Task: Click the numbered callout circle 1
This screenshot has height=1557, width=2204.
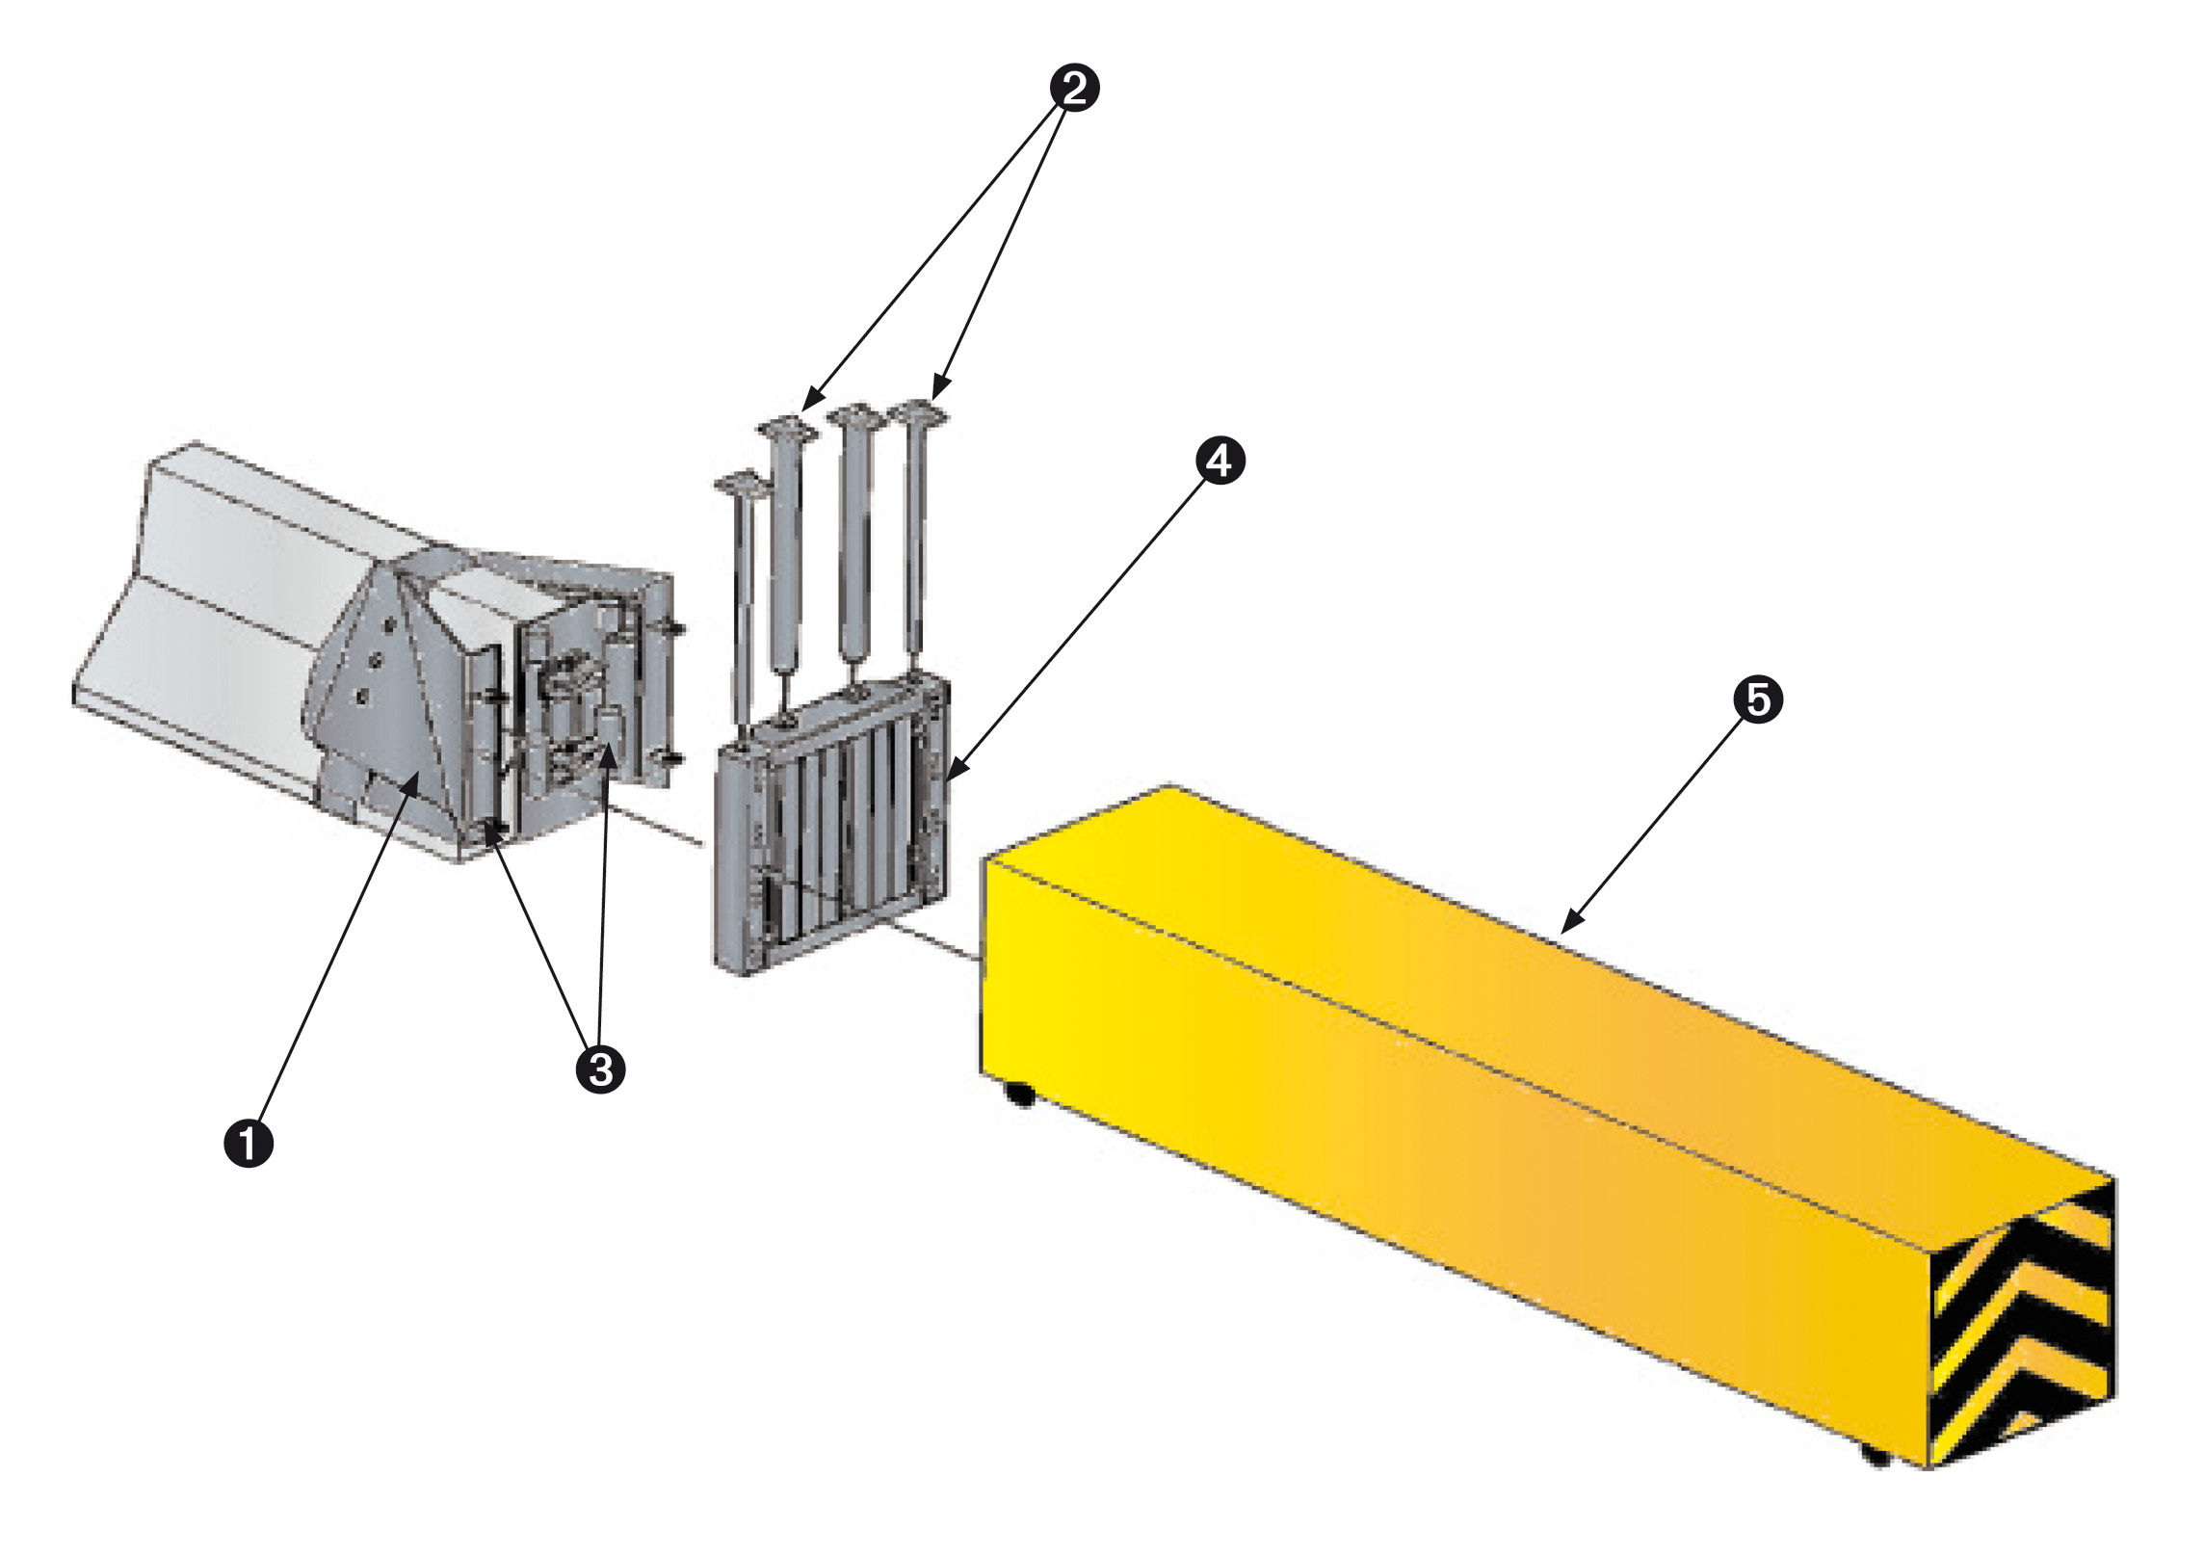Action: tap(249, 1144)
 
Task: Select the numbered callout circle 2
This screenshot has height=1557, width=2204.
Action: tap(1074, 89)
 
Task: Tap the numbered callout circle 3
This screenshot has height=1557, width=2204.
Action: tap(600, 1069)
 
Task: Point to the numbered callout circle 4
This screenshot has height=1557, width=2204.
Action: tap(1220, 462)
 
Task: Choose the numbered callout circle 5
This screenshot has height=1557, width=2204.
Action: tap(1758, 699)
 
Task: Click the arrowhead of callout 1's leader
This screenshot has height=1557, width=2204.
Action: tap(415, 778)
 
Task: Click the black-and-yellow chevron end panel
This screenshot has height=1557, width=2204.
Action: tap(2023, 1330)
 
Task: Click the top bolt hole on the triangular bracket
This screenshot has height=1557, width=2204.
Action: tap(389, 626)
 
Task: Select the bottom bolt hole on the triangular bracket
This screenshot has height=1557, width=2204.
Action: tap(362, 695)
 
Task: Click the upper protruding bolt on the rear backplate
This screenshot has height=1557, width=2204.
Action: tap(677, 630)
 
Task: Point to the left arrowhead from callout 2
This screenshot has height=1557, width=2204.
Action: tap(807, 404)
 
